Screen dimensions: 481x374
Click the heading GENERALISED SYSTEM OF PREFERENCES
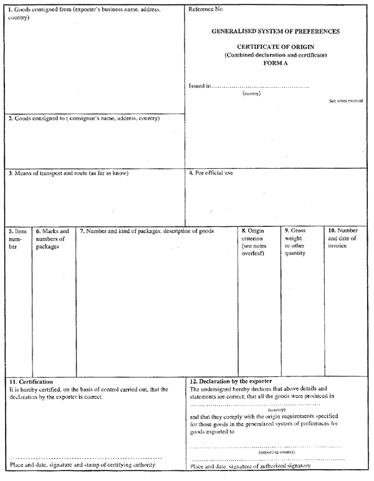click(x=276, y=31)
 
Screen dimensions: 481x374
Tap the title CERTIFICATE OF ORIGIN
click(x=276, y=47)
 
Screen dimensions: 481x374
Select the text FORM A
click(x=276, y=63)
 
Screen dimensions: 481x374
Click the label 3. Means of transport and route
click(x=68, y=173)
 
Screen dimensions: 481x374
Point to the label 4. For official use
click(x=211, y=173)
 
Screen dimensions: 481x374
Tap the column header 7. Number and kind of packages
click(x=146, y=231)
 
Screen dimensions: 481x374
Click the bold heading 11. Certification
click(x=31, y=381)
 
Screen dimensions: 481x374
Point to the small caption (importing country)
click(x=277, y=452)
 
